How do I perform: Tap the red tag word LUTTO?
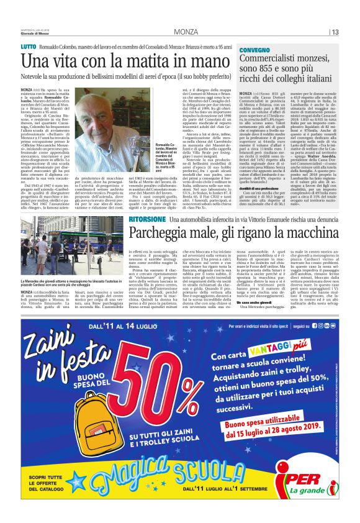coord(29,47)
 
